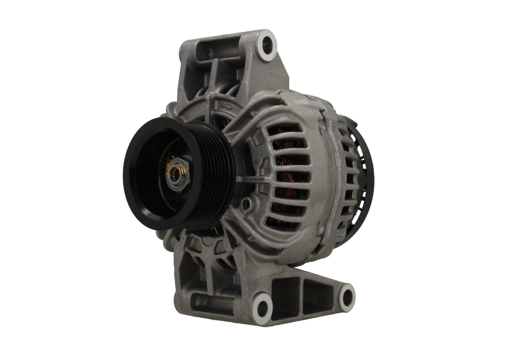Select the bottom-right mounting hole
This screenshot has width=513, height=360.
pyautogui.click(x=346, y=296)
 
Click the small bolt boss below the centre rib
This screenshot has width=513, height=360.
pyautogui.click(x=246, y=204)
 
